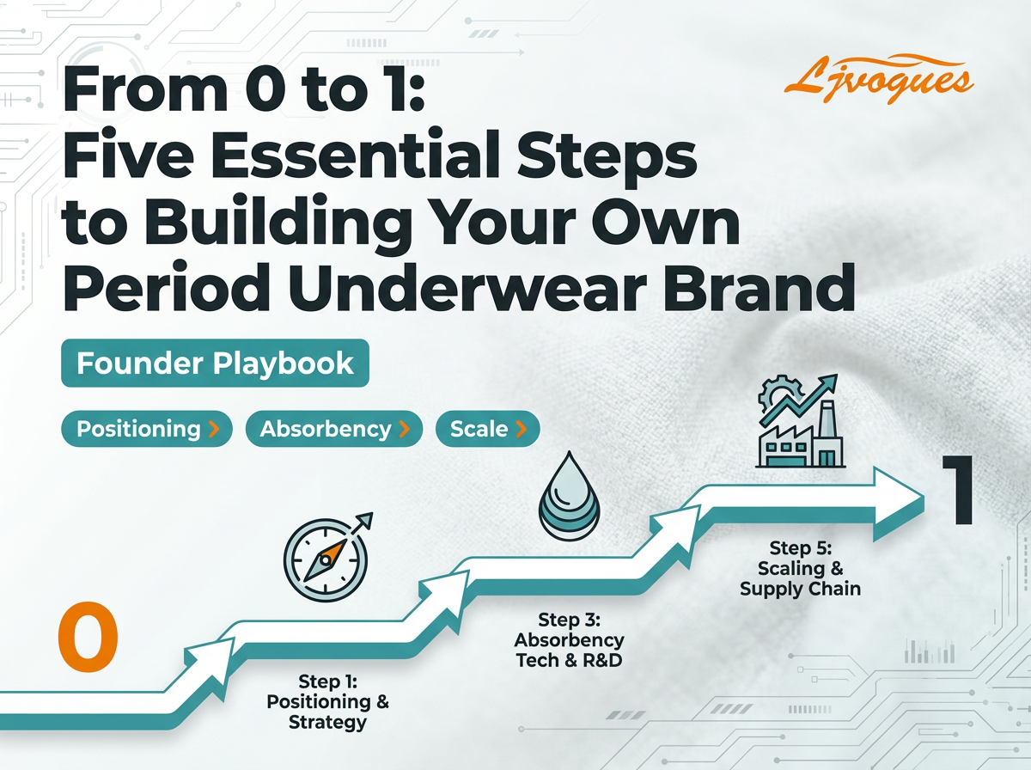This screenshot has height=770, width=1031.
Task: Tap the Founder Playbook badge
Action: click(x=215, y=364)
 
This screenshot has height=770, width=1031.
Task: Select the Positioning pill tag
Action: click(x=147, y=429)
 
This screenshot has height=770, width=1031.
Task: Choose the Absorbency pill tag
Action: click(x=334, y=429)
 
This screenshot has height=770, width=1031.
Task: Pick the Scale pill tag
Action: click(x=487, y=429)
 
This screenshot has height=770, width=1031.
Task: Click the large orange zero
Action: click(x=88, y=636)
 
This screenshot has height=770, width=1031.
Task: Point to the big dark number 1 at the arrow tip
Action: click(x=956, y=490)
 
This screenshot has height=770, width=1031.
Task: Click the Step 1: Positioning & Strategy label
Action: click(x=327, y=702)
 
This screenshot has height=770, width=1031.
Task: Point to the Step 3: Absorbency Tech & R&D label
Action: click(x=569, y=640)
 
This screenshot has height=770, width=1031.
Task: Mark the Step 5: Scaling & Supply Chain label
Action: click(x=800, y=568)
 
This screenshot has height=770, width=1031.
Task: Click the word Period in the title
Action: click(x=167, y=287)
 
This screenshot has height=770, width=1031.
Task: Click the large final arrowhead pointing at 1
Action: click(x=897, y=502)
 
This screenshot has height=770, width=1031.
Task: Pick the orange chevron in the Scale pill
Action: click(x=521, y=429)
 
